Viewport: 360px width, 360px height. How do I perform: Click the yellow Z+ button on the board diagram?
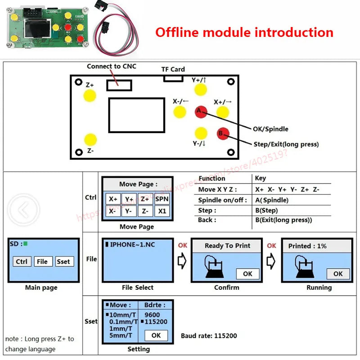pos(90,96)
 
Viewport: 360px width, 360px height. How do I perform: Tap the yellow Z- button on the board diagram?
pos(90,140)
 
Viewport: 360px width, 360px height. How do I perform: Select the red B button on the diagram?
pos(223,133)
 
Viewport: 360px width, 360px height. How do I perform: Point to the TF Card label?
pos(173,69)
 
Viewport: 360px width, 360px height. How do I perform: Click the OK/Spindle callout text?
pos(270,129)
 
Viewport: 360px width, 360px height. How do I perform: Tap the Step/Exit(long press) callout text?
pos(286,144)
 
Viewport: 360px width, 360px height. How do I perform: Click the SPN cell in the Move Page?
pos(162,199)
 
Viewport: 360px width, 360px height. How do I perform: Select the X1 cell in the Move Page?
pos(162,211)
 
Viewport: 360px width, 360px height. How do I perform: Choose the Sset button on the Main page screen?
pos(63,261)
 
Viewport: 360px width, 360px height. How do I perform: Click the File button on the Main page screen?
pos(42,261)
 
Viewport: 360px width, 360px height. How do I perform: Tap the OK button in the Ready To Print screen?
pos(247,274)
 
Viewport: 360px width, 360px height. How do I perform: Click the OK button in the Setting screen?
pos(156,335)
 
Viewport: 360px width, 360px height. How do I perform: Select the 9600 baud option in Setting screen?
pos(153,315)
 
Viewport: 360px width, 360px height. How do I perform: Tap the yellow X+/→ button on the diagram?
pos(223,112)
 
